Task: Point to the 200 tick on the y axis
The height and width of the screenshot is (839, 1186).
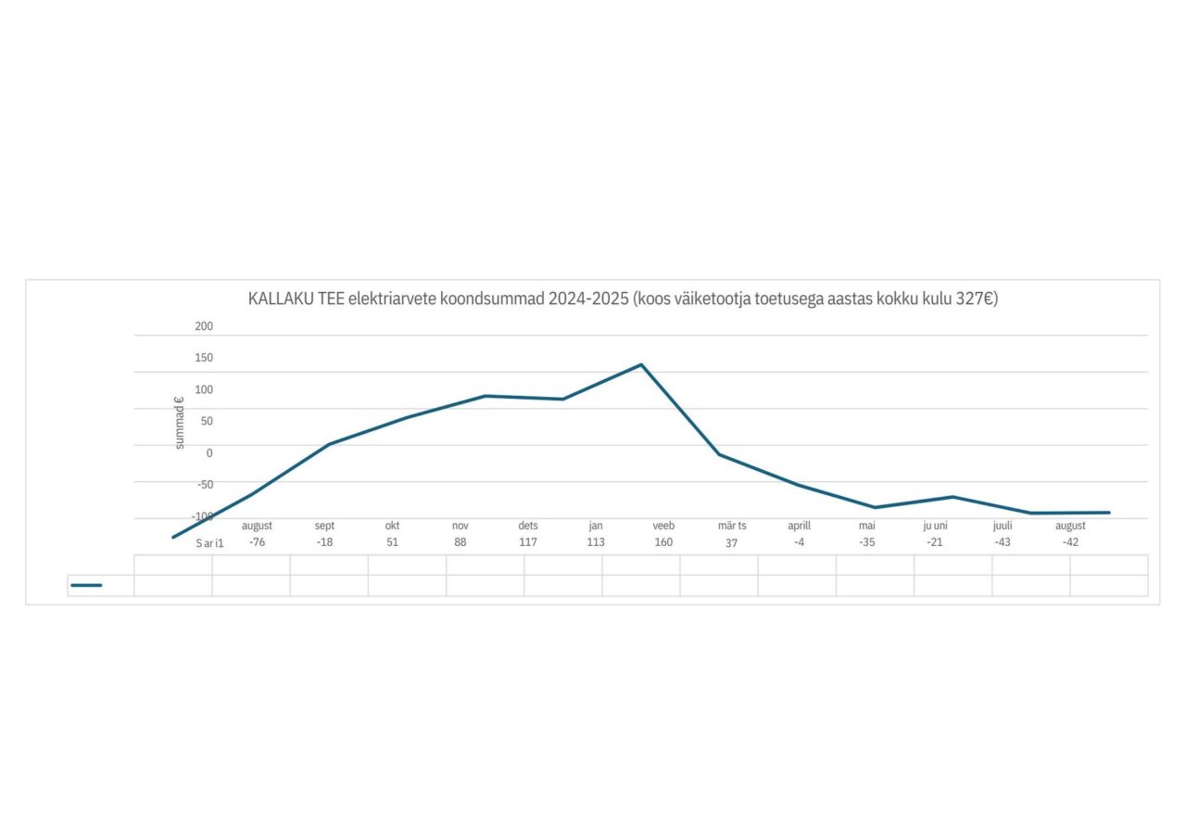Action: [204, 326]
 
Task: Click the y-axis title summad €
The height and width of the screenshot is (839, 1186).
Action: [180, 423]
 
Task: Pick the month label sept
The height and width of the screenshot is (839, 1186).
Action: [324, 526]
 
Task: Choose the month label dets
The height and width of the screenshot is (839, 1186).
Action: [528, 526]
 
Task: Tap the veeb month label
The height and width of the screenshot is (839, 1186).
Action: [663, 526]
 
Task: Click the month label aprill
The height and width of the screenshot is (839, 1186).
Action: [799, 526]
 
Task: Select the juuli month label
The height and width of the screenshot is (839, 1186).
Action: [1003, 526]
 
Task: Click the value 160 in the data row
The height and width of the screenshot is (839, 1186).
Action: [663, 542]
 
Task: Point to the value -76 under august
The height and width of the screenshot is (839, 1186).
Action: [257, 542]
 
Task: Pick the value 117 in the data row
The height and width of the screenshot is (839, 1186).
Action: [528, 542]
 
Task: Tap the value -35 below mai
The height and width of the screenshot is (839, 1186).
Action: [866, 542]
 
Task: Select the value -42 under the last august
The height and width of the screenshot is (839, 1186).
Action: [1070, 542]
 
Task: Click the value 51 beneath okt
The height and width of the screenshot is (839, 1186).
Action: [392, 542]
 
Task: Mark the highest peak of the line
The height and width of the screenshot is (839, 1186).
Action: [641, 364]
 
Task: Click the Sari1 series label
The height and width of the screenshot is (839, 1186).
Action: [209, 543]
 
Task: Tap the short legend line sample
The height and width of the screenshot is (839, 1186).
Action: [86, 585]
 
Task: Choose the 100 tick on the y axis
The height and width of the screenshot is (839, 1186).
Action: [204, 389]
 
